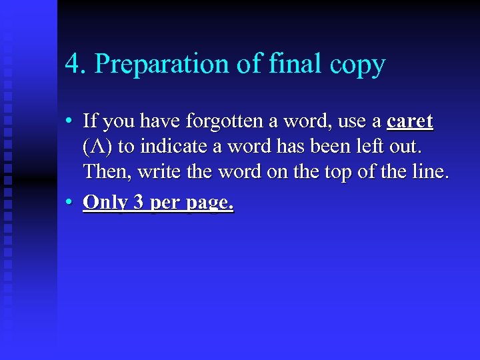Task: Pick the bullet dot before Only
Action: click(x=69, y=202)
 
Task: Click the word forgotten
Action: click(x=225, y=122)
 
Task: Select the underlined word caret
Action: click(x=410, y=122)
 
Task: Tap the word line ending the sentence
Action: click(x=430, y=173)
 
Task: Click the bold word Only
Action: click(x=105, y=202)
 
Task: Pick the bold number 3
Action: click(x=139, y=202)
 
